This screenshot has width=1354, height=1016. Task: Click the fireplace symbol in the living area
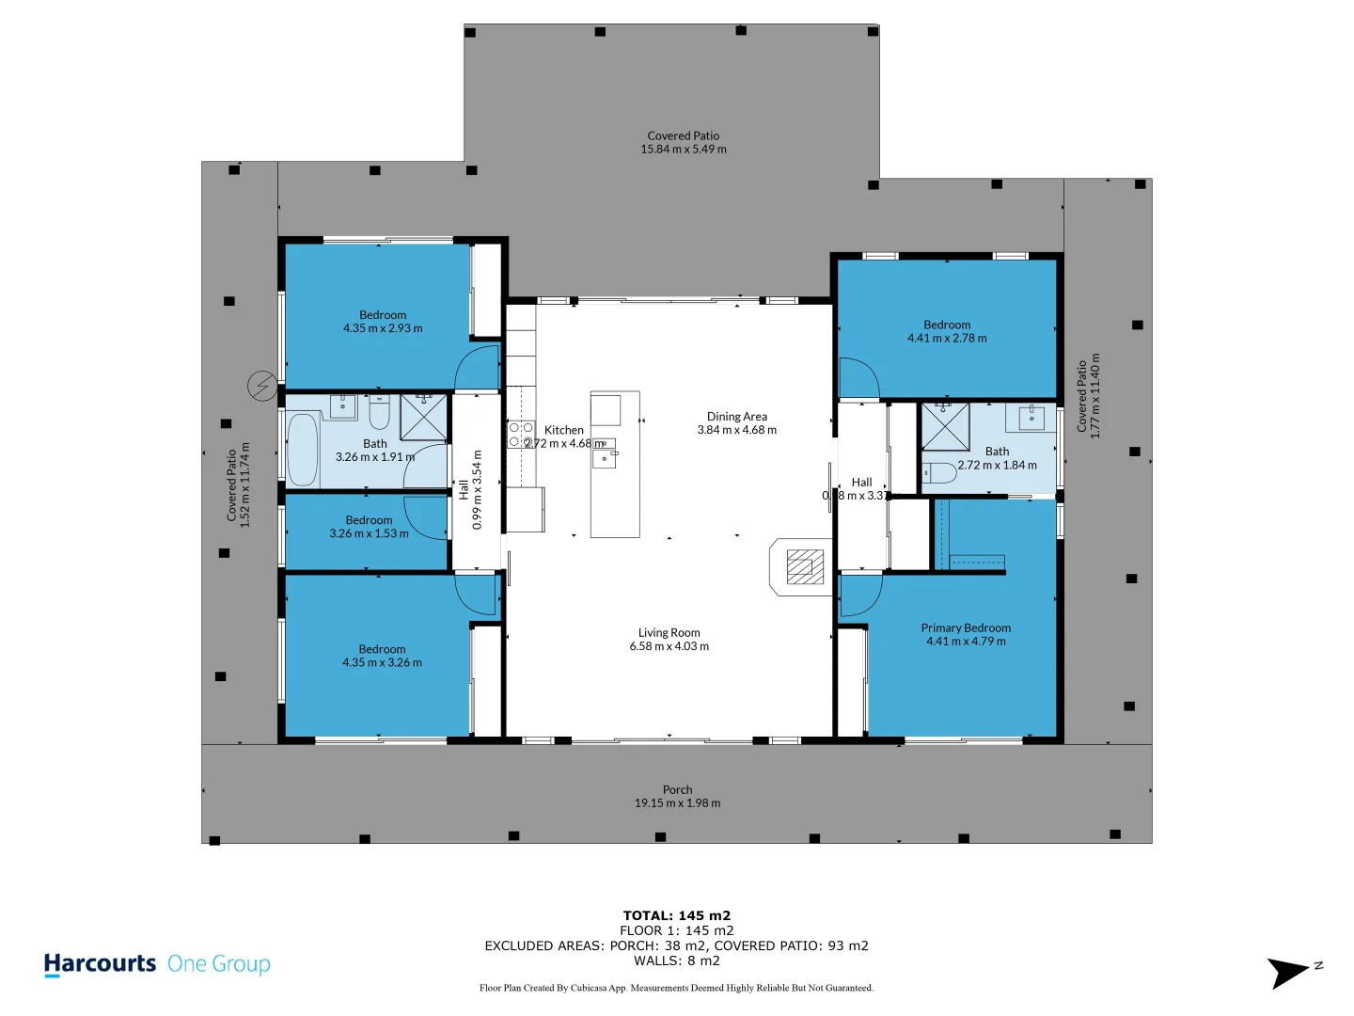coord(800,567)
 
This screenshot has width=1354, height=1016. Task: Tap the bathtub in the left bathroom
coord(302,449)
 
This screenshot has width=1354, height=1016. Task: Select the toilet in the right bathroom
coord(938,472)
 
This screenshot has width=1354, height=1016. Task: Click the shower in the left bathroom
coord(423,418)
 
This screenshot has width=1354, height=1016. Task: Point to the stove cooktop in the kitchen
coord(521,435)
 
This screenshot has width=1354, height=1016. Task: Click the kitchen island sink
coord(604,458)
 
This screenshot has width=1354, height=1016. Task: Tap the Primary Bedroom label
coord(966,627)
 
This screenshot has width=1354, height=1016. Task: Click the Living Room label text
coord(669,632)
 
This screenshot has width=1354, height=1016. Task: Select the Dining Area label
coord(736,416)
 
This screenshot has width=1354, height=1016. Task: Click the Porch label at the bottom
coord(677,789)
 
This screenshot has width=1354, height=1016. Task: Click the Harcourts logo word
coord(100,963)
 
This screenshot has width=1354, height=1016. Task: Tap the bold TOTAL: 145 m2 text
coord(676,915)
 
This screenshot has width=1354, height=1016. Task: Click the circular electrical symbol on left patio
coord(262,386)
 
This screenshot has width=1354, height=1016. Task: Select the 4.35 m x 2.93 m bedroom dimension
coord(383,328)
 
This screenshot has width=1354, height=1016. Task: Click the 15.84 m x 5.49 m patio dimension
coord(683,149)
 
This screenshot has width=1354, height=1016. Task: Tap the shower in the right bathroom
coord(945,426)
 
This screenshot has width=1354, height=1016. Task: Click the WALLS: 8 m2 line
coord(676,960)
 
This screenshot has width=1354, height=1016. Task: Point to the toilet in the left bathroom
coord(379,412)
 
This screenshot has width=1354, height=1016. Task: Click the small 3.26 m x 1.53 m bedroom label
coord(369,533)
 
